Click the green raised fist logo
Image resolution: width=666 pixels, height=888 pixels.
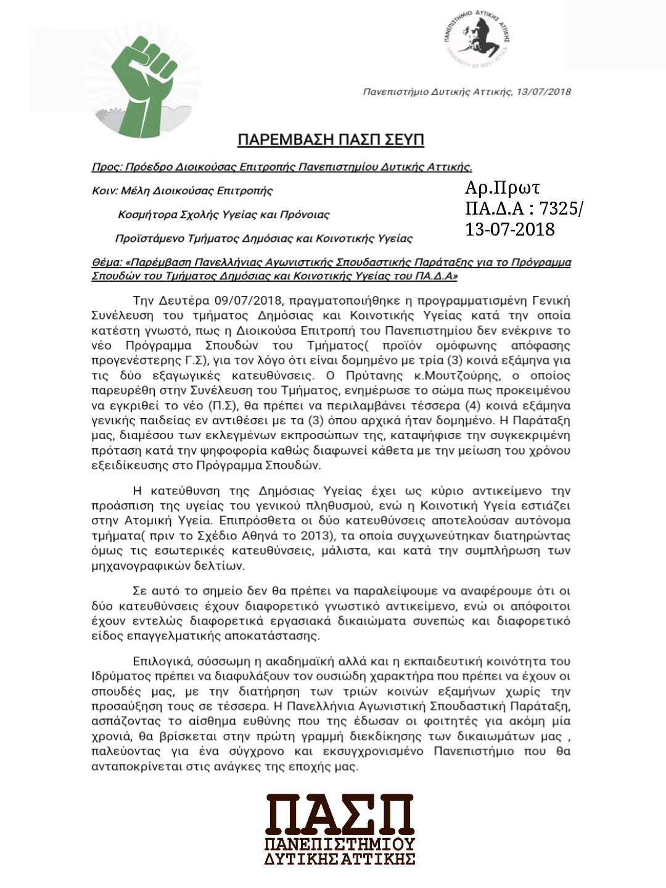pos(143,86)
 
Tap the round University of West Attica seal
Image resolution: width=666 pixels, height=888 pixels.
pos(476,39)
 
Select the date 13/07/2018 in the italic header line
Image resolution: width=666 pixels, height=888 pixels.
pos(544,92)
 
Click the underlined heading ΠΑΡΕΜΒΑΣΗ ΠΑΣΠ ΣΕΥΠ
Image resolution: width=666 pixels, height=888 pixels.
pos(331,140)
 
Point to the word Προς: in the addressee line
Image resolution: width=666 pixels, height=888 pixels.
pos(107,167)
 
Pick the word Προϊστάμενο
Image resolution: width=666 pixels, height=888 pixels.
pos(149,239)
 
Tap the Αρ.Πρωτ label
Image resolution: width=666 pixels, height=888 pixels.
pos(503,187)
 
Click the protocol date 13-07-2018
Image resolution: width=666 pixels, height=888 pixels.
pos(510,229)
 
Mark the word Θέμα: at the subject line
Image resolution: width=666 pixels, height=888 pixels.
pos(107,263)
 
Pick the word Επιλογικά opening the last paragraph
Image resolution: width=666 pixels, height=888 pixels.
pos(162,662)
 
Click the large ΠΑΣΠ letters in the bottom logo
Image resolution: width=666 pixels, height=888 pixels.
pos(339,814)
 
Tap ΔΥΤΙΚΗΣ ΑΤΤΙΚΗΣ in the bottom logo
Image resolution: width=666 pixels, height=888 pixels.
pos(339,858)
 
